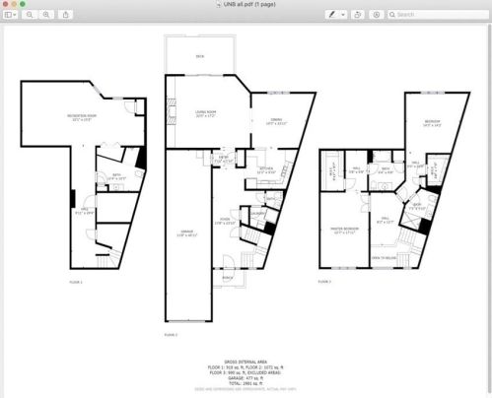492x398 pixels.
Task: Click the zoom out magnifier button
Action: click(x=30, y=16)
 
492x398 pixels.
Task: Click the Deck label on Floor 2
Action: click(x=200, y=57)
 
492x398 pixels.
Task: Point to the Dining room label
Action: click(x=277, y=121)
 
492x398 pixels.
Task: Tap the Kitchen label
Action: click(x=266, y=168)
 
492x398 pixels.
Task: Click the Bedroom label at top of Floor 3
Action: click(x=432, y=122)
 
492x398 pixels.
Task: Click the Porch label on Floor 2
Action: click(x=228, y=278)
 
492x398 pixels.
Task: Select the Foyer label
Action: click(x=225, y=220)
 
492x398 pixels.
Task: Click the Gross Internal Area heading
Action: click(x=246, y=360)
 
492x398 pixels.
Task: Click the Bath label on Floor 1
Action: click(x=116, y=174)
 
